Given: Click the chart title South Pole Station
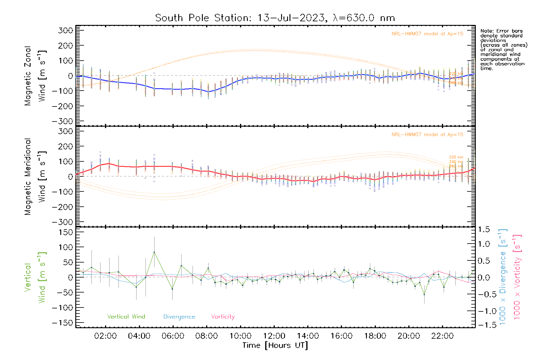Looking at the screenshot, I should coord(275,18).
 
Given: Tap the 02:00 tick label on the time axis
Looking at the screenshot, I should coord(105,336).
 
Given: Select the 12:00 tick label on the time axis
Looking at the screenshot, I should coord(274,336).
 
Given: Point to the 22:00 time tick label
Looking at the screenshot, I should coord(442,336).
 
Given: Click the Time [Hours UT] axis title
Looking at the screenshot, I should coord(275,345).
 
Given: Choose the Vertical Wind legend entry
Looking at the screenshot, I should coord(126,316).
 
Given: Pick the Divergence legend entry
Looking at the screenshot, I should coord(179,316).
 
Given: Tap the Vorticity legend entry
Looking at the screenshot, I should coord(223,316).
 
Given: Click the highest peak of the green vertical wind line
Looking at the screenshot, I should coord(154,252).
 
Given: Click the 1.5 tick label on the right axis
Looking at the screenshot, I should coord(484,229).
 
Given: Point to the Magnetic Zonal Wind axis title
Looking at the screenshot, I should coord(35,76).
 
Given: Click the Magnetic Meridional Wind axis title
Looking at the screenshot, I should coord(35,176).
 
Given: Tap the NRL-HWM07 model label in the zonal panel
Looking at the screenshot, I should coord(427,34).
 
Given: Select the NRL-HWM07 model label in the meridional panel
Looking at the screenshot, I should coord(427,135).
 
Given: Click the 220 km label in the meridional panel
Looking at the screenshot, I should coord(456,157).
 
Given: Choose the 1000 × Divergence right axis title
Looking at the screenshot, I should coord(502,277).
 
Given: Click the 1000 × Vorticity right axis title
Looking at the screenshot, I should coord(517,277).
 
